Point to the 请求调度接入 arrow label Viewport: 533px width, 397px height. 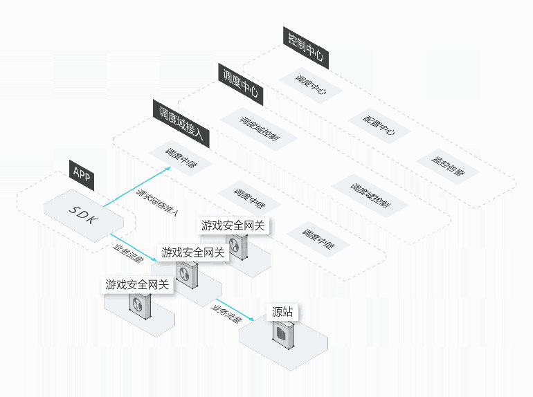[157, 203]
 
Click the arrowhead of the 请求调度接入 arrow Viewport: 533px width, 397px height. [170, 168]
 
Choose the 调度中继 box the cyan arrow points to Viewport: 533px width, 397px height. [181, 158]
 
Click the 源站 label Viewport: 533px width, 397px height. [282, 312]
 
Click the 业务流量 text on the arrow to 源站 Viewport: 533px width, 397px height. [226, 313]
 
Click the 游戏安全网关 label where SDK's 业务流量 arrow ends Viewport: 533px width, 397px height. [193, 253]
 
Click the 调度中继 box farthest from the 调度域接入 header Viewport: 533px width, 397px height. [318, 237]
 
